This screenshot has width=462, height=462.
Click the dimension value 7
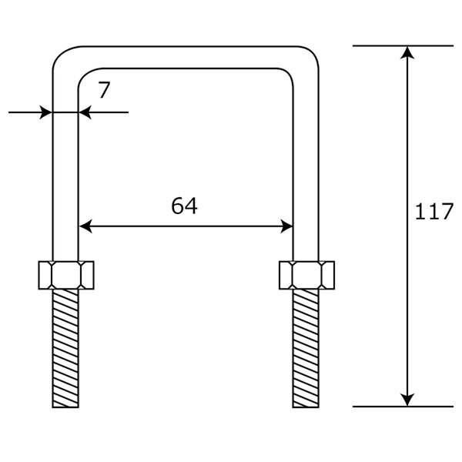tap(104, 90)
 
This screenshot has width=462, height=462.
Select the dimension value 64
tap(185, 206)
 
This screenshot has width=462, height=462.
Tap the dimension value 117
tap(434, 211)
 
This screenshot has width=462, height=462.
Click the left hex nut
tap(66, 275)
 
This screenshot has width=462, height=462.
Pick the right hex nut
tap(306, 275)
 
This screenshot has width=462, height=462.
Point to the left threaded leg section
tap(65, 348)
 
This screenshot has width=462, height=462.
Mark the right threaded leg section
tap(306, 348)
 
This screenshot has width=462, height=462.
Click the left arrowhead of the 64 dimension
tap(85, 226)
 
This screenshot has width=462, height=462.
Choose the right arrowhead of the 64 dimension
tap(286, 226)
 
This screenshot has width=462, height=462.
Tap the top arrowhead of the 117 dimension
tap(407, 52)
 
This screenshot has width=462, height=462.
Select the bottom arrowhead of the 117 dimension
tap(407, 400)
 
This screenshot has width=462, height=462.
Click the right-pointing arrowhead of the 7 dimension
tap(45, 112)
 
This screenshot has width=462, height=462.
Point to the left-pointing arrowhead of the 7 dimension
tap(85, 112)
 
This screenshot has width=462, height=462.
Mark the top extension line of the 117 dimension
tap(403, 45)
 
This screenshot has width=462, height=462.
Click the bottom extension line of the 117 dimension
tap(403, 407)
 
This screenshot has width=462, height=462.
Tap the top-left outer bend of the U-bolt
tap(60, 54)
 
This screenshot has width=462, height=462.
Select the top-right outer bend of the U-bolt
tap(311, 54)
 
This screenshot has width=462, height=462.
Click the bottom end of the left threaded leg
tap(65, 407)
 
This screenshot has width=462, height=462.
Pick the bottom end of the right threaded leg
tap(306, 407)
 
